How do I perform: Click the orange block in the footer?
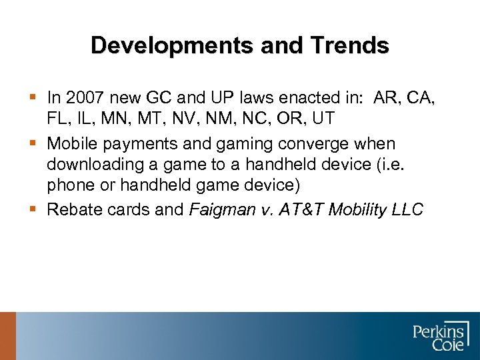7,336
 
